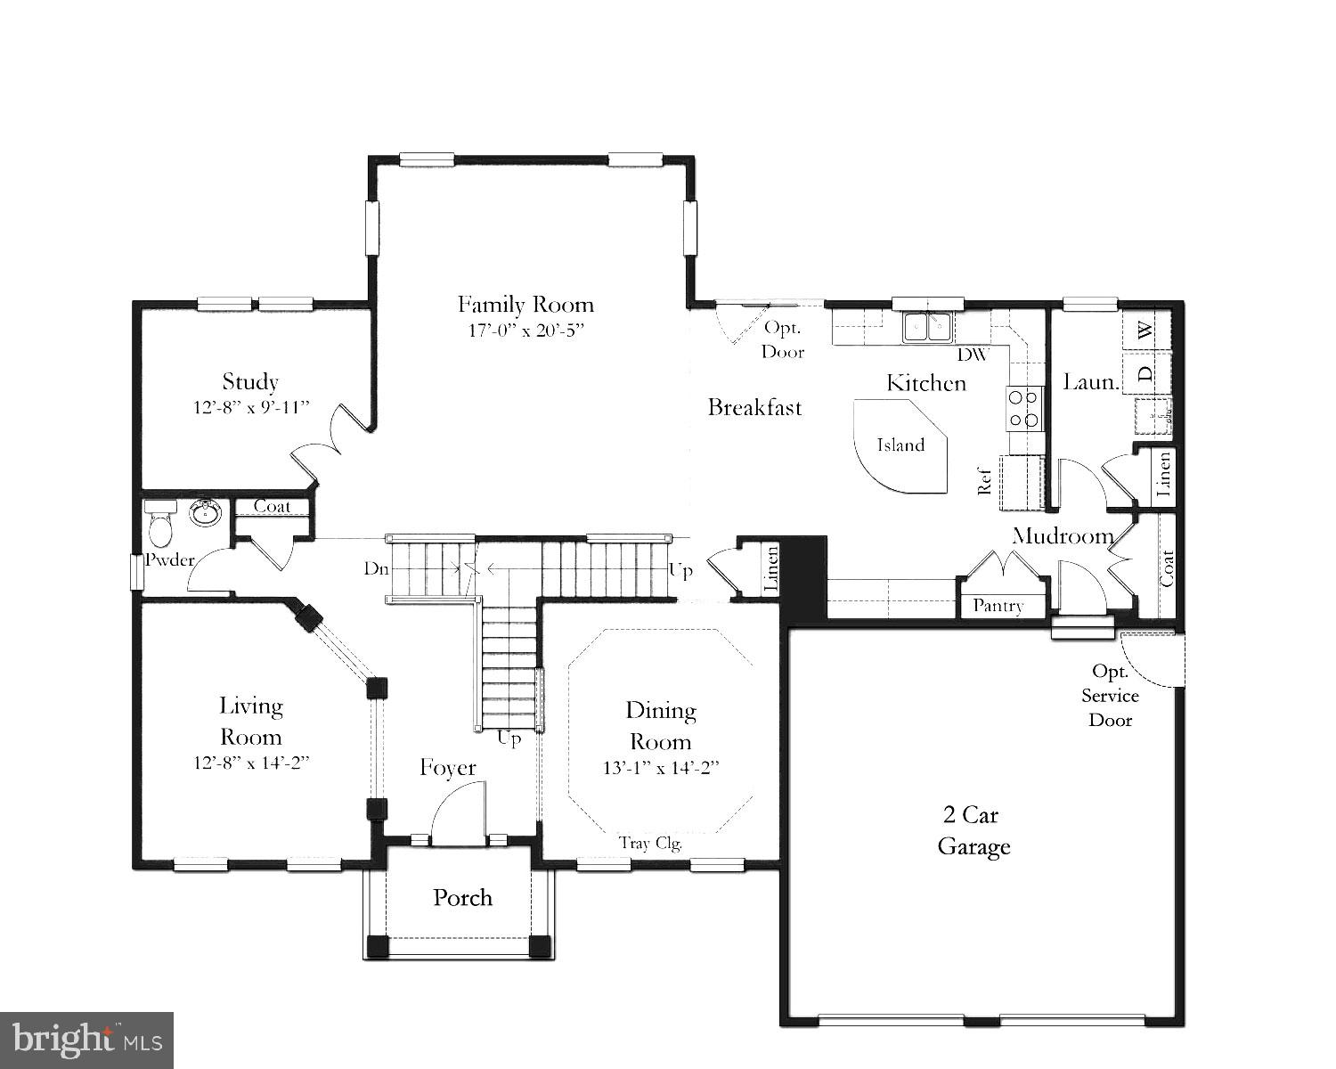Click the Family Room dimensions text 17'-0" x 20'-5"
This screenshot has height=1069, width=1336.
pos(525,330)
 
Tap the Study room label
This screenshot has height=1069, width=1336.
pos(250,382)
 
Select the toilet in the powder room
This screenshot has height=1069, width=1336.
pos(161,526)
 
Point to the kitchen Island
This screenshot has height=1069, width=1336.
pos(900,445)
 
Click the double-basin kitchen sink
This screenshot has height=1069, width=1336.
pos(927,327)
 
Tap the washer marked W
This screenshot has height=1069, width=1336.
pos(1147,330)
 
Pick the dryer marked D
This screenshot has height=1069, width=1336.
pos(1147,372)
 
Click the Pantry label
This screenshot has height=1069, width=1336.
pos(998,606)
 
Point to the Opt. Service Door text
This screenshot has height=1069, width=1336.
pos(1110,696)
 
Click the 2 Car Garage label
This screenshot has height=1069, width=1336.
pos(973,830)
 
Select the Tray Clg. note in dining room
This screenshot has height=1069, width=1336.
pos(650,843)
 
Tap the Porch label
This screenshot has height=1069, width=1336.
pos(462,897)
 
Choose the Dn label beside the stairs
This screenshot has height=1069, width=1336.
pos(375,568)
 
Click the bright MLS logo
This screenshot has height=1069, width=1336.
pos(86,1039)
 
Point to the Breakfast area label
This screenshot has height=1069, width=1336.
pos(754,408)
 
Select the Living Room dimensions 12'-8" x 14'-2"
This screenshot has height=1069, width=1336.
pos(251,763)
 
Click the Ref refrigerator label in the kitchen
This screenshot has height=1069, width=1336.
pos(984,481)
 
